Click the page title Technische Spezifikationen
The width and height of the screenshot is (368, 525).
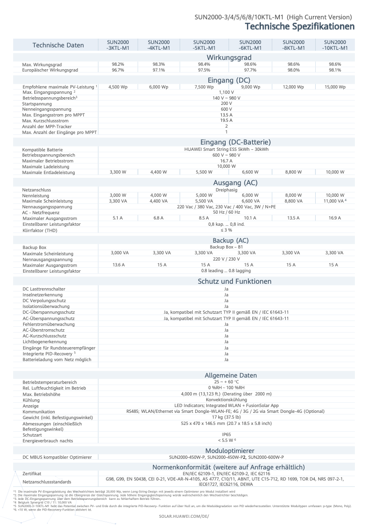coord(300,26)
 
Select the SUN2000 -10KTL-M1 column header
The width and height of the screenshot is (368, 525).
coord(335,45)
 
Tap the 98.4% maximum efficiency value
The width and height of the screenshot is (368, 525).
coord(204,64)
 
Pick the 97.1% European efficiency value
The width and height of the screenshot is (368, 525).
coord(159,70)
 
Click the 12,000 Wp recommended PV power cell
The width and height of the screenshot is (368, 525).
coord(293,87)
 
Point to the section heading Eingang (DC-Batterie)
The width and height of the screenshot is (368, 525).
coord(235,142)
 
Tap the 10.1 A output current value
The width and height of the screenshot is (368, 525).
coord(249,218)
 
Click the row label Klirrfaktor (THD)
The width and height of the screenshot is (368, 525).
coord(43,230)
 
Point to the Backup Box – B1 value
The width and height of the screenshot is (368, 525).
coord(226,247)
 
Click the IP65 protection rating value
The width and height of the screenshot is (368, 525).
coord(226,435)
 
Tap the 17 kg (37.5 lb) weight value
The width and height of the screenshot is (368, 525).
coord(226,417)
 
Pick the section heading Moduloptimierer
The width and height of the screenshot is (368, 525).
coord(230,451)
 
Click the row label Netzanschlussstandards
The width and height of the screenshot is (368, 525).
coord(47,481)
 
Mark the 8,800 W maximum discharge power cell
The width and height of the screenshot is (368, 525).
coord(293,172)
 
